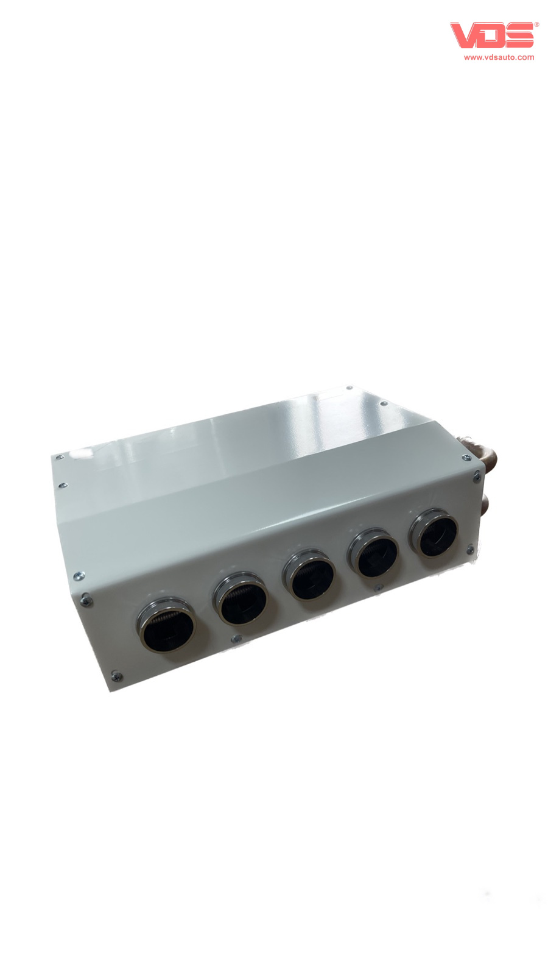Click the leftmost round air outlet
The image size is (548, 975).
[x=167, y=625]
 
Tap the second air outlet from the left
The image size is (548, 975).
[x=241, y=599]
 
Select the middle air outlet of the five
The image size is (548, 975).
[x=309, y=575]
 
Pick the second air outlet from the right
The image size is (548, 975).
[x=374, y=554]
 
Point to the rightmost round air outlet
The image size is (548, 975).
[x=434, y=533]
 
